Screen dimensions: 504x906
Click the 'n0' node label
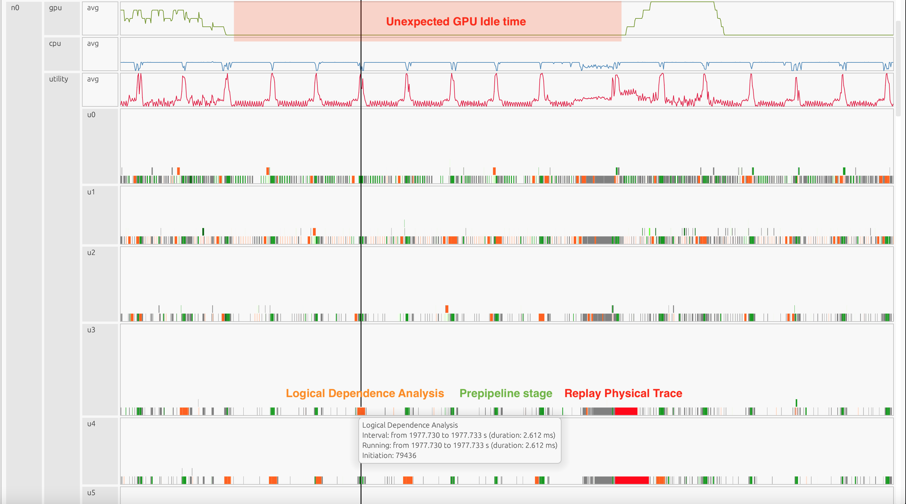pyautogui.click(x=15, y=8)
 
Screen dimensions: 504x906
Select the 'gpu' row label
pyautogui.click(x=55, y=8)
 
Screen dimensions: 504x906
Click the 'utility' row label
pyautogui.click(x=58, y=79)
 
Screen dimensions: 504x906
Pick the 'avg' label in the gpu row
pyautogui.click(x=93, y=8)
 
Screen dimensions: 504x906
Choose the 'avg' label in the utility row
pyautogui.click(x=93, y=79)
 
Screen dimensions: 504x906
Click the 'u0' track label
pyautogui.click(x=91, y=115)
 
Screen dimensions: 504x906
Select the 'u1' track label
pyautogui.click(x=91, y=192)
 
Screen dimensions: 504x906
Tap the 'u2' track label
pyautogui.click(x=91, y=252)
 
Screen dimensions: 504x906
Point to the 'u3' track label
pyautogui.click(x=91, y=330)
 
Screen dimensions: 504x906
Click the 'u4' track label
pyautogui.click(x=91, y=423)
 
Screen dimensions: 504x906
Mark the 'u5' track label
pyautogui.click(x=91, y=492)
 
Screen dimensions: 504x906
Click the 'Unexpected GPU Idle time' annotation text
pyautogui.click(x=456, y=21)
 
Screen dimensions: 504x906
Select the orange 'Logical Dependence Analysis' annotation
pyautogui.click(x=365, y=393)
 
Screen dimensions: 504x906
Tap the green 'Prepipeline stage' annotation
pyautogui.click(x=506, y=393)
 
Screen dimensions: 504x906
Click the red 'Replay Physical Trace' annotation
pyautogui.click(x=623, y=393)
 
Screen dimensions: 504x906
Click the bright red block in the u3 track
pyautogui.click(x=626, y=411)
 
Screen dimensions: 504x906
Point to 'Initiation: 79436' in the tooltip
pyautogui.click(x=389, y=455)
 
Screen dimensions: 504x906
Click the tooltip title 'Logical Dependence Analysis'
pyautogui.click(x=410, y=425)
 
